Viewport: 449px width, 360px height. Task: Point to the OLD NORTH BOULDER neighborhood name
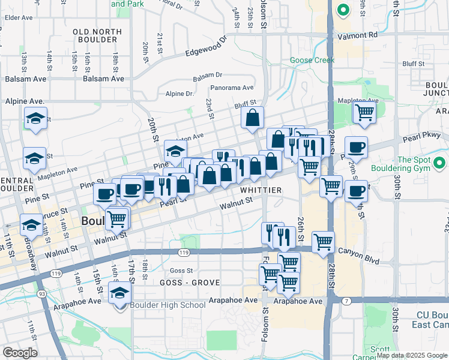[x=95, y=35]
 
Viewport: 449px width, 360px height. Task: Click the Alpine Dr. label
[x=180, y=94]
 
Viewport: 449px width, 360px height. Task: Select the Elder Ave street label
[x=19, y=18]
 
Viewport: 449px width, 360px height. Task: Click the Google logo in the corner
[x=20, y=353]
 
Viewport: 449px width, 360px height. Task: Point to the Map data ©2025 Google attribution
[x=411, y=355]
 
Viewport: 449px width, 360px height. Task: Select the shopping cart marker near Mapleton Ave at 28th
[x=364, y=112]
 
